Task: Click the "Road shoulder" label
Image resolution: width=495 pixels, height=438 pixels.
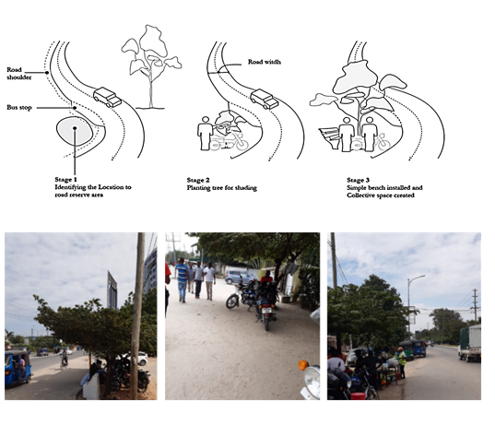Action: point(19,74)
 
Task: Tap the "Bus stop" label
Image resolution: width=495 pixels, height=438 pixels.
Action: point(19,108)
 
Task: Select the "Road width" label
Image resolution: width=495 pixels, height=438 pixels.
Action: point(265,62)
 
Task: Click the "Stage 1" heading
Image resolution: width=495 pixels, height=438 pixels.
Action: point(65,180)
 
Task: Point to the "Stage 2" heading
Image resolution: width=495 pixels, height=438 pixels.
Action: point(198,181)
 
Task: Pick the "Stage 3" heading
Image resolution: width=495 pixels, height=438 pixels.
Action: point(358,181)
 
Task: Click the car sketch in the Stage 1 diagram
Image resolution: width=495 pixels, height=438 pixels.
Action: point(107,97)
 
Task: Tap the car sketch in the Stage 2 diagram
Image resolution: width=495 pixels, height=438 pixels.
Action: point(265,99)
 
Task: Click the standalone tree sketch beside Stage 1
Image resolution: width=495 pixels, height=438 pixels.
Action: point(151,66)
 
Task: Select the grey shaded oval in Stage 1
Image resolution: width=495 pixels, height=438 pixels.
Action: point(75,131)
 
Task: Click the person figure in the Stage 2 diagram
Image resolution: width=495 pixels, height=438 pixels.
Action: point(206,134)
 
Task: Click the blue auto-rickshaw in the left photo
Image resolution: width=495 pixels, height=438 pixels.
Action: point(18,368)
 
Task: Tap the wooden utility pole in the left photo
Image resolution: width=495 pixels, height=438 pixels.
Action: point(137,315)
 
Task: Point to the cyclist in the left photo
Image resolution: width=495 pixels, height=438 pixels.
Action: point(65,359)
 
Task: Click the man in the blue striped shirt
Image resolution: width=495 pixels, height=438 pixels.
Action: point(182,279)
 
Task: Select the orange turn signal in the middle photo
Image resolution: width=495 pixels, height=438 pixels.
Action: point(303,365)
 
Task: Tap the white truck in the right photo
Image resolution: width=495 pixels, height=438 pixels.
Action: point(470,343)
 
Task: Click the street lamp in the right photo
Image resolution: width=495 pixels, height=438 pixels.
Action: point(410,303)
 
